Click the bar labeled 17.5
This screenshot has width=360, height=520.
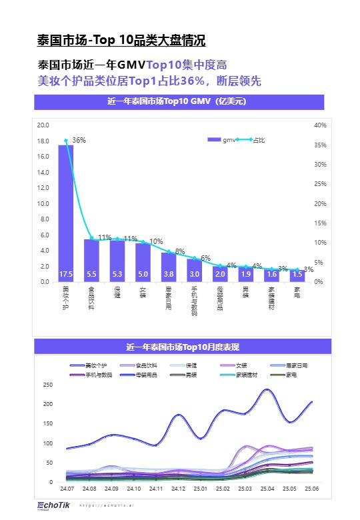point(66,213)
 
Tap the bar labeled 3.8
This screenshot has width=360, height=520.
point(169,267)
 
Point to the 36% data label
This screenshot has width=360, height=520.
point(79,141)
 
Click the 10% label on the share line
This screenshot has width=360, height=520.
point(156,241)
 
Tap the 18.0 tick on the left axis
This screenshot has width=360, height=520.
point(43,141)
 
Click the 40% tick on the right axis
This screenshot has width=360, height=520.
point(320,125)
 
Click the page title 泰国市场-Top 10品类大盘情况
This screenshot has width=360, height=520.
point(121,41)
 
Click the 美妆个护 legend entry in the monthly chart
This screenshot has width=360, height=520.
point(89,365)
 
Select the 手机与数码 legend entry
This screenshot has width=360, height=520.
point(89,375)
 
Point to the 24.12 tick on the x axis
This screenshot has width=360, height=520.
point(178,489)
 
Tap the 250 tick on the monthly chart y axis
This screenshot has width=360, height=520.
point(47,385)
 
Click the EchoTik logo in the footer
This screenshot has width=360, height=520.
point(51,505)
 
